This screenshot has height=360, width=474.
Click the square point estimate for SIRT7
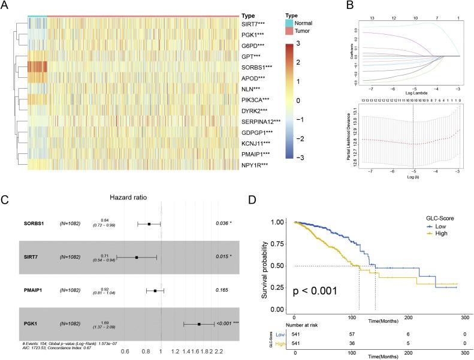[x=137, y=257]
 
